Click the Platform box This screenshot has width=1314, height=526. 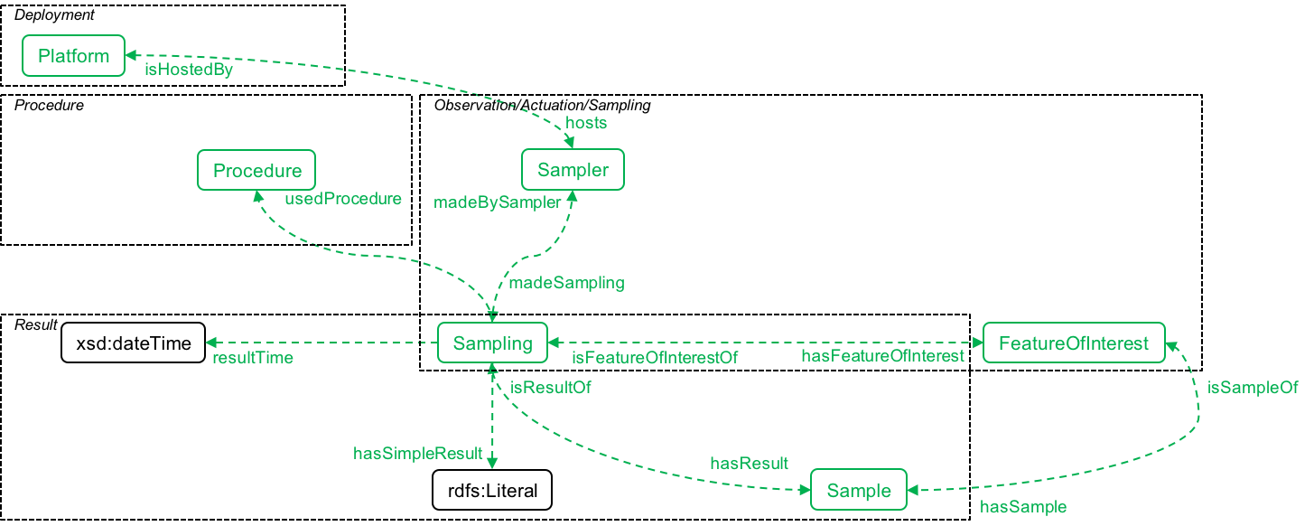tap(73, 56)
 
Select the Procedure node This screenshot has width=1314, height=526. tap(256, 170)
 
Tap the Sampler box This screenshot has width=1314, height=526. tap(573, 170)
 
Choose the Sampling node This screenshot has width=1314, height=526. tap(492, 343)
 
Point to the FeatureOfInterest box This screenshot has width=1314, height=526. tap(1074, 343)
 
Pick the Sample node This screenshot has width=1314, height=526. tap(859, 491)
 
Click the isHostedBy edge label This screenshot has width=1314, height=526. tap(189, 70)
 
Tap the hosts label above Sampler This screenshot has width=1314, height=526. tap(586, 122)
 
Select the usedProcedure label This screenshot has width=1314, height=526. tap(343, 199)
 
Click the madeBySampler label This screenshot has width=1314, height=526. tap(498, 202)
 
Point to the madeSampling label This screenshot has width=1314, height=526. tap(566, 283)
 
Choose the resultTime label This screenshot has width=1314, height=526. tap(253, 358)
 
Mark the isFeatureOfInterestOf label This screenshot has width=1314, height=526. tap(655, 358)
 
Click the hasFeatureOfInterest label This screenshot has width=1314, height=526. tap(882, 356)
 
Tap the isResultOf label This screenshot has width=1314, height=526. tap(551, 387)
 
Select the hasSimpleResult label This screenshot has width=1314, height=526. tap(417, 454)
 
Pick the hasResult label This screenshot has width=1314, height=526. tap(749, 464)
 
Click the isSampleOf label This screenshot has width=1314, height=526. tap(1253, 388)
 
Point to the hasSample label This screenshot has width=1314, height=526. tap(1023, 507)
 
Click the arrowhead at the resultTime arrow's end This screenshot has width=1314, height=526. tap(211, 343)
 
